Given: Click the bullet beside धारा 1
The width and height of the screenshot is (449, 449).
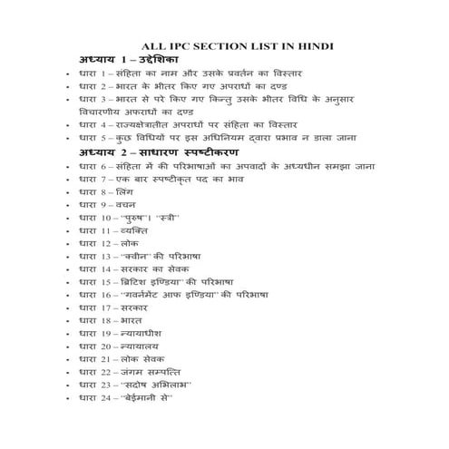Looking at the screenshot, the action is coord(67,73).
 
